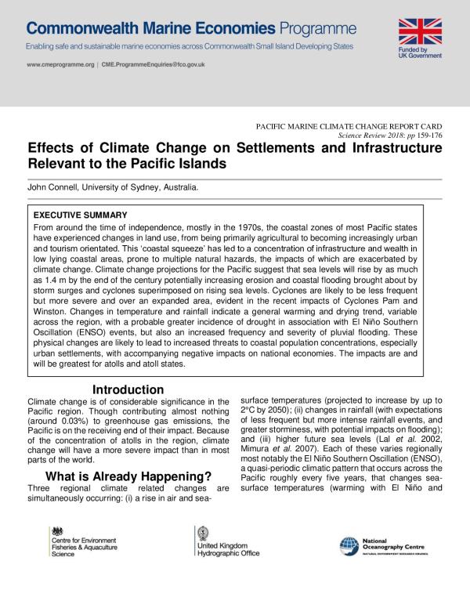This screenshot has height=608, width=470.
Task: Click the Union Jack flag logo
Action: tap(421, 31)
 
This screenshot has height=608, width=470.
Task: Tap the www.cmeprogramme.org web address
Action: tap(60, 64)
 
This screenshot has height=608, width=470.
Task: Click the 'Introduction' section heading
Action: tap(128, 390)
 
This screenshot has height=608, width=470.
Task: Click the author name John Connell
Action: tap(56, 187)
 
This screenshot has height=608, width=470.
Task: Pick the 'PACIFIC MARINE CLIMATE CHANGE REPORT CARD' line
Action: tap(349, 125)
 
